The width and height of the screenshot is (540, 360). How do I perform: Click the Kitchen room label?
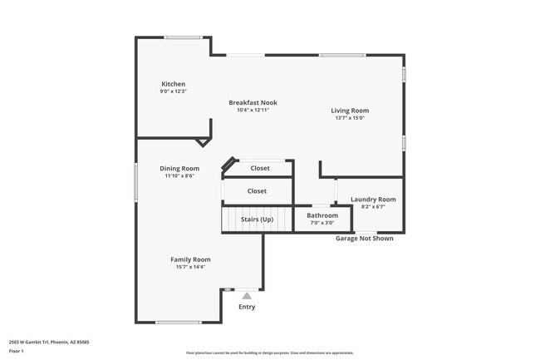173,84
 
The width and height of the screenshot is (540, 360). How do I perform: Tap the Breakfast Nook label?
253,102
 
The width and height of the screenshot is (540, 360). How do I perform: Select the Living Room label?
350,111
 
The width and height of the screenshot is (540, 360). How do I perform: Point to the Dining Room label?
179,169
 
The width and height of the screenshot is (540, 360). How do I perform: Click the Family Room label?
190,259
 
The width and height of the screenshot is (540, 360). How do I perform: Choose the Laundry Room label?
373,200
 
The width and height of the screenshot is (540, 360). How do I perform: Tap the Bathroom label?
322,215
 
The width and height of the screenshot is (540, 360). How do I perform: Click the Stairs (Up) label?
257,219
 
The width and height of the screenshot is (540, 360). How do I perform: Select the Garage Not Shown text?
364,238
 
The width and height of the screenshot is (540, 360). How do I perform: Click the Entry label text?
247,307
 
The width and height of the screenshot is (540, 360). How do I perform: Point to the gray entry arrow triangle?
247,294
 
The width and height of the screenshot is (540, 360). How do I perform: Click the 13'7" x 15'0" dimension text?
350,118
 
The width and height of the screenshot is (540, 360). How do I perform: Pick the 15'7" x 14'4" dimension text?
190,267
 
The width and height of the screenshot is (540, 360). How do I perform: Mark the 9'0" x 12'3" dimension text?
173,91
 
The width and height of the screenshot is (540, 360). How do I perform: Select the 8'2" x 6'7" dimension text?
373,207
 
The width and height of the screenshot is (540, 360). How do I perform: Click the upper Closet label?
260,168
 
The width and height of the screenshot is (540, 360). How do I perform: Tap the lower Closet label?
257,191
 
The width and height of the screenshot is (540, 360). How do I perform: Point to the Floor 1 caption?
17,351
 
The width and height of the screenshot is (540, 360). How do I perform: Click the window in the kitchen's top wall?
183,37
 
